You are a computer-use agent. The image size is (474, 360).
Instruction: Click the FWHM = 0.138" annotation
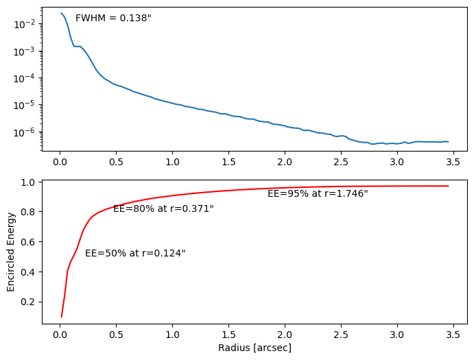click(113, 18)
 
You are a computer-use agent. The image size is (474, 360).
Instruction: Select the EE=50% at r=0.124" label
click(135, 253)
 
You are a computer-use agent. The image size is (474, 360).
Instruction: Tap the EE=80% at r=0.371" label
click(163, 208)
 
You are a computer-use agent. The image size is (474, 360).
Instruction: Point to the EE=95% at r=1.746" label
click(318, 193)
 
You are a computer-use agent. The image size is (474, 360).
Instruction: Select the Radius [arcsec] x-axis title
click(254, 348)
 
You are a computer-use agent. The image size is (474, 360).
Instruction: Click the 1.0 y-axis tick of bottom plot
click(29, 182)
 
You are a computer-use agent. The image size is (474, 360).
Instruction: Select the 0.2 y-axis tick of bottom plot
click(29, 302)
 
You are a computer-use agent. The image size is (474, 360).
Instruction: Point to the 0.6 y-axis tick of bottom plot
click(29, 242)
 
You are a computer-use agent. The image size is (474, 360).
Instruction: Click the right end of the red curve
click(449, 186)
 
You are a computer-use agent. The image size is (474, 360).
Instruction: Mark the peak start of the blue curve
click(61, 13)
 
